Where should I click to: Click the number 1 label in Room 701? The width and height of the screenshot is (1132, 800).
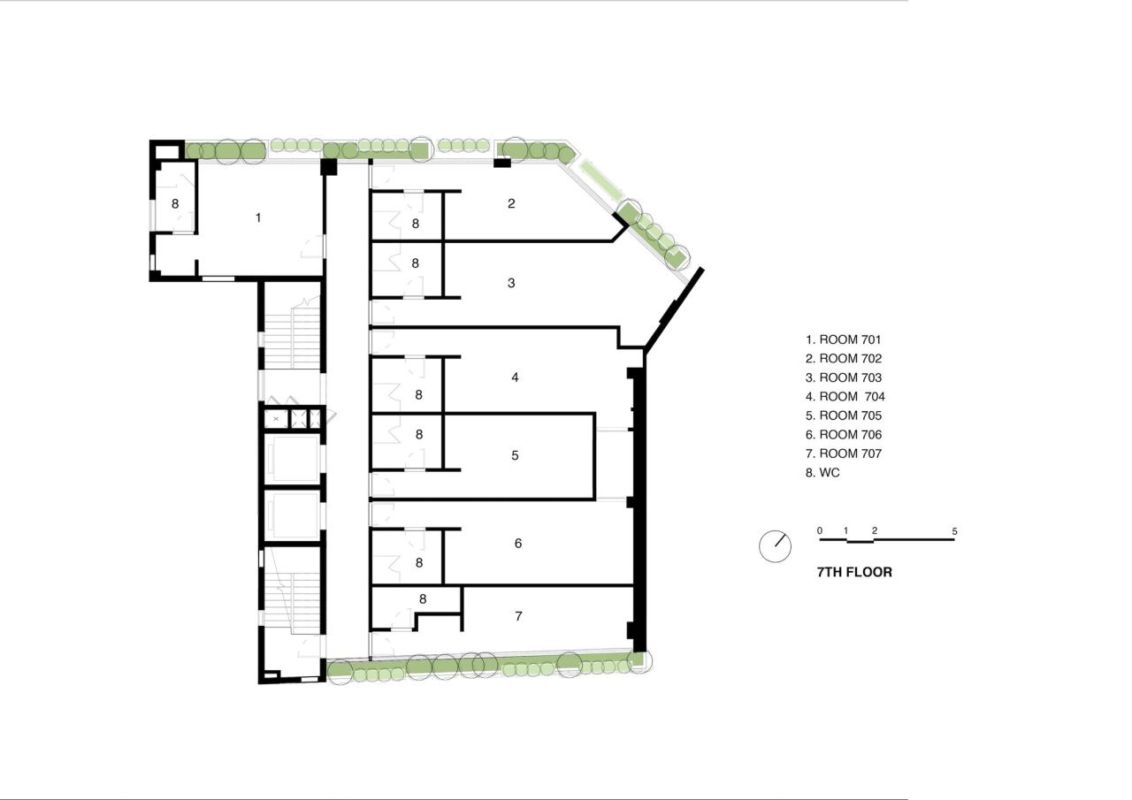click(x=258, y=217)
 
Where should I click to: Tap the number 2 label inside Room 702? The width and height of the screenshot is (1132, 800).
click(x=511, y=203)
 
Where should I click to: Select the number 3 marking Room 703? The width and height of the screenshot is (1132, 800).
click(x=511, y=283)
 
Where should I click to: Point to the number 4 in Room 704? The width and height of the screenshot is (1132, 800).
click(x=515, y=377)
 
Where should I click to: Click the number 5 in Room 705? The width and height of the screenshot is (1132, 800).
click(x=515, y=455)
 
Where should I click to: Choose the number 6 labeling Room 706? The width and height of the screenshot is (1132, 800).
click(x=518, y=543)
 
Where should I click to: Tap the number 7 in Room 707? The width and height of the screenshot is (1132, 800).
click(x=518, y=615)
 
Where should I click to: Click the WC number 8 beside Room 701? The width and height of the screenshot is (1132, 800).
click(x=175, y=203)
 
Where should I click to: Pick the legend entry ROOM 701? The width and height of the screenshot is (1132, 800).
click(x=844, y=339)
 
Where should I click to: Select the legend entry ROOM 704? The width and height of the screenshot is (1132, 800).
click(x=845, y=397)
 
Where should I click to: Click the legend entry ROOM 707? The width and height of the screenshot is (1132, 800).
click(x=844, y=453)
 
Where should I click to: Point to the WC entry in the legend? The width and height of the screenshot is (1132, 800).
click(x=822, y=473)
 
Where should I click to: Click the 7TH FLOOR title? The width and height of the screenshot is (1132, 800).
click(x=854, y=572)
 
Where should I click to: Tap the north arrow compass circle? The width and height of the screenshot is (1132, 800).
click(x=775, y=546)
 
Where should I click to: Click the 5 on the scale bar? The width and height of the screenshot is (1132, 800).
click(x=954, y=531)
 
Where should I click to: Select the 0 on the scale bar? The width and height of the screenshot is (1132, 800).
click(x=820, y=530)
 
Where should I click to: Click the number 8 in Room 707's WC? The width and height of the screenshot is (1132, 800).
click(x=423, y=599)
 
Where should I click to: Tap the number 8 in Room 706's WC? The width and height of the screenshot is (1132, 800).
click(x=419, y=562)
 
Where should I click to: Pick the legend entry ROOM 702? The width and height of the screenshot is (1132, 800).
click(x=844, y=359)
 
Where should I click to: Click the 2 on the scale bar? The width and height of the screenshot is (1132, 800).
click(x=875, y=530)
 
